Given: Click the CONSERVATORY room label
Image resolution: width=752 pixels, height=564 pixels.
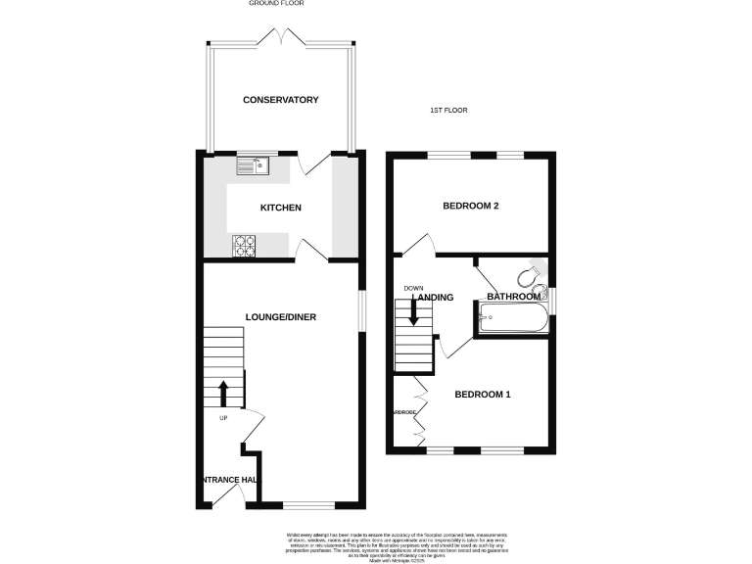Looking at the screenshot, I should [x=281, y=100].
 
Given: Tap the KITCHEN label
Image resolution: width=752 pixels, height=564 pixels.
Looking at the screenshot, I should [x=280, y=208].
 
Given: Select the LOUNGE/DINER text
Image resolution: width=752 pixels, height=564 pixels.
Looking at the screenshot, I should [x=280, y=316].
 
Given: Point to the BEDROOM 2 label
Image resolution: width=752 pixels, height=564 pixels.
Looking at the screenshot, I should [x=471, y=206].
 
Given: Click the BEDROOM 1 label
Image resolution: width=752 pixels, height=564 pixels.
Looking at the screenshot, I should [x=483, y=395].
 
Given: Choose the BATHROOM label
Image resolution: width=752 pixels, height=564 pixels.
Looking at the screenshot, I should [x=514, y=297].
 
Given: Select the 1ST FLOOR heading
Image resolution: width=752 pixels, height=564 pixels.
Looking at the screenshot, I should [x=448, y=111].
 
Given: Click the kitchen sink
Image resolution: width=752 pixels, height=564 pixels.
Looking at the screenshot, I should [x=252, y=166].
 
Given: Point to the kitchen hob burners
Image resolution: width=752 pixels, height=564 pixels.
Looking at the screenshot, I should [x=244, y=246].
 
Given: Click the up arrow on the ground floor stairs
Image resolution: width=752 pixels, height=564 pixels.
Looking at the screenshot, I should [x=222, y=394].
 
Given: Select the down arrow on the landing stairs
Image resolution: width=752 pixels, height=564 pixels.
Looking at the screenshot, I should [x=413, y=312].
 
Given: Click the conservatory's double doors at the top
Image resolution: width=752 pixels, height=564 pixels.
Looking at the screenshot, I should [x=280, y=38].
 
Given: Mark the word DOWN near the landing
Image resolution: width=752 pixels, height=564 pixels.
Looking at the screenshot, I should [x=412, y=288].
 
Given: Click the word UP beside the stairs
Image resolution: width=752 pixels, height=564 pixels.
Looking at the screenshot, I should [x=222, y=418].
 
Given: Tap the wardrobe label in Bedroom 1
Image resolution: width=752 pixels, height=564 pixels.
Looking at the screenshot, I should [x=405, y=413].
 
